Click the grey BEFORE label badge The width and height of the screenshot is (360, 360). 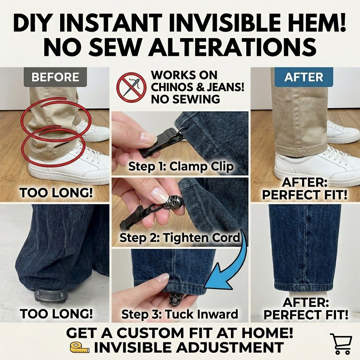tap(55, 77)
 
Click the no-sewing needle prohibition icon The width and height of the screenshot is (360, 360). tap(131, 87)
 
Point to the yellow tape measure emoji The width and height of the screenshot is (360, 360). tap(79, 347)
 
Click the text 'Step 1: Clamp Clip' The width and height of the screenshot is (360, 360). tap(181, 166)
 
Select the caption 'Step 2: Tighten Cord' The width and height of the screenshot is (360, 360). tap(180, 238)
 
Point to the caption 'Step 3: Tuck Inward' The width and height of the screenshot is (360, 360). tap(180, 314)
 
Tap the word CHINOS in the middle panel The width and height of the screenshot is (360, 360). tap(171, 87)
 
